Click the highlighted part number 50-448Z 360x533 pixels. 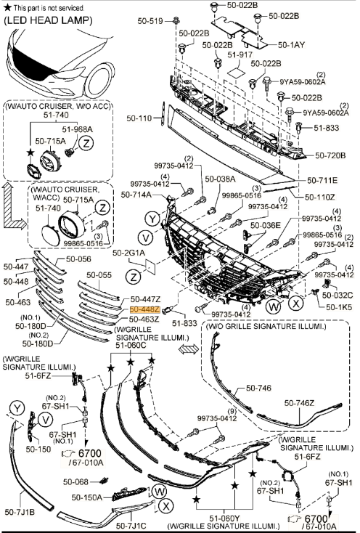[x=144, y=309]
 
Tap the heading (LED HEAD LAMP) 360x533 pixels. [x=48, y=20]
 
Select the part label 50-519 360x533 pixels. [x=150, y=21]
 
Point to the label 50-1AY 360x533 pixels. [x=291, y=44]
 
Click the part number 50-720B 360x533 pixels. [x=330, y=155]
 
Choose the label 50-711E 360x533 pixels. [x=322, y=180]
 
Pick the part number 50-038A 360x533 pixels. [x=220, y=179]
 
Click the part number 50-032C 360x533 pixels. [x=337, y=296]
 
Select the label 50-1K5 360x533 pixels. [x=339, y=307]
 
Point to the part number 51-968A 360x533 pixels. [x=77, y=129]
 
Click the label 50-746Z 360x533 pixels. [x=299, y=403]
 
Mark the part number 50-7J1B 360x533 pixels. [x=20, y=512]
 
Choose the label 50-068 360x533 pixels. [x=75, y=481]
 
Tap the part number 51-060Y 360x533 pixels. [x=224, y=518]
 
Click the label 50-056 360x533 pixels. [x=78, y=259]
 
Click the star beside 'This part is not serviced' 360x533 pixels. [x=7, y=7]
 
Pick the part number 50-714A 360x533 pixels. [x=136, y=195]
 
